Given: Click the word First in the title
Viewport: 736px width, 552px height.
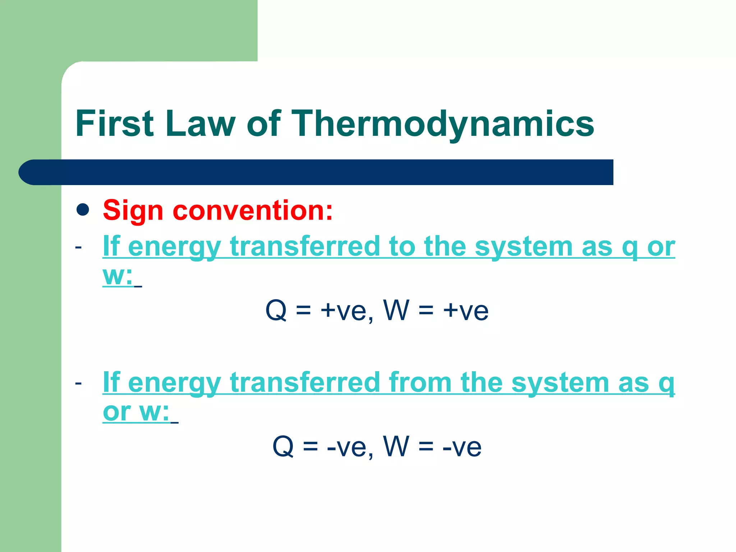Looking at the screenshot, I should (x=115, y=124).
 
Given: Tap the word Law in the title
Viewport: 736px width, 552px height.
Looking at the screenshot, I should (x=200, y=124).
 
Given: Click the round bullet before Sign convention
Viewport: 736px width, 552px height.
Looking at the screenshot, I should (x=83, y=210).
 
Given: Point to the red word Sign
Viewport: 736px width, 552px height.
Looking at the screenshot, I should (x=133, y=211).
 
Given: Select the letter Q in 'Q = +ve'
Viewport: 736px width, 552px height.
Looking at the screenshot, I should (x=276, y=310).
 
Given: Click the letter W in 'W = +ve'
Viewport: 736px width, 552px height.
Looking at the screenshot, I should (x=396, y=310).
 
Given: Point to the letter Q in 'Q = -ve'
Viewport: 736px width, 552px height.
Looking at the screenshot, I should (x=283, y=447).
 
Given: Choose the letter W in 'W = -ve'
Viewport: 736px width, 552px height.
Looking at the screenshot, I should (x=396, y=446).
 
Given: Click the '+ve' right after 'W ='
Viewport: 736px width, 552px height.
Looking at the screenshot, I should (x=466, y=310).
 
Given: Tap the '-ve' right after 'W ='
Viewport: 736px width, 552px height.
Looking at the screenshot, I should (x=462, y=447).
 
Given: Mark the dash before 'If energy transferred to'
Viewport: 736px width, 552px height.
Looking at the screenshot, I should (x=78, y=247).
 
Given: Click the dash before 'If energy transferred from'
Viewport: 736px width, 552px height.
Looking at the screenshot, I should (x=78, y=383).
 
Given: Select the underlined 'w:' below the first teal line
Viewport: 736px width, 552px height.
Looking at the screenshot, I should (x=118, y=276).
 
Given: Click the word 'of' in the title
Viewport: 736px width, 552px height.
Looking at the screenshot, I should (x=263, y=124).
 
